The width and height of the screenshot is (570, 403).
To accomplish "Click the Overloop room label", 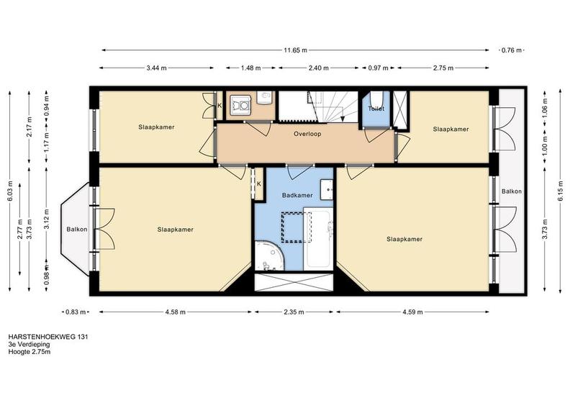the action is pos(307,134).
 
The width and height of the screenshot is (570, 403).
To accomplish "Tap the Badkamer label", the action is pos(297,196).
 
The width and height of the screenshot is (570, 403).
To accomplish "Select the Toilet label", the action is pos(376,109).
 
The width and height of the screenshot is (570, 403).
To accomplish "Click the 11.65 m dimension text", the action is pos(296,50).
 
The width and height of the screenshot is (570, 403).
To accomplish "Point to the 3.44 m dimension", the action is pos(156,68).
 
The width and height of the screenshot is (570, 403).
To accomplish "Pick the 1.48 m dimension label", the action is pos(251,68).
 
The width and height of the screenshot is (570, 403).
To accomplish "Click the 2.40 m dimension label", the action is pos(318,68).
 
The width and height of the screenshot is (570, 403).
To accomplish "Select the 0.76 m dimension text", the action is pos(512,50).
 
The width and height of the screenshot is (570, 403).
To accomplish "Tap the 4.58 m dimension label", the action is pos(176,312).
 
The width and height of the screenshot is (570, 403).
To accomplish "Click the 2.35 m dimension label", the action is pos(294,312).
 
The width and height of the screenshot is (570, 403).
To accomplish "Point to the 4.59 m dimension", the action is pos(412,312).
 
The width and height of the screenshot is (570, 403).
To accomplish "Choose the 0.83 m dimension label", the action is pos(76,312).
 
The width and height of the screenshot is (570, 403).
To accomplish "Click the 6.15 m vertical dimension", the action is pos(561,191).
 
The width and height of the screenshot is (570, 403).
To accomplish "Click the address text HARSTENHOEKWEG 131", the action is pos(48,337).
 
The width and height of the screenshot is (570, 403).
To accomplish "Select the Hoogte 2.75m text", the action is pos(30,352).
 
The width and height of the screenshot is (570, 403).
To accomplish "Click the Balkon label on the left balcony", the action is pos(77,230).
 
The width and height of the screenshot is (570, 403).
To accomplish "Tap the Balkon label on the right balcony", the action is pos(512,191).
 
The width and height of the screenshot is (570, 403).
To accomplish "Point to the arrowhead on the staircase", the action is pos(342,119).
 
